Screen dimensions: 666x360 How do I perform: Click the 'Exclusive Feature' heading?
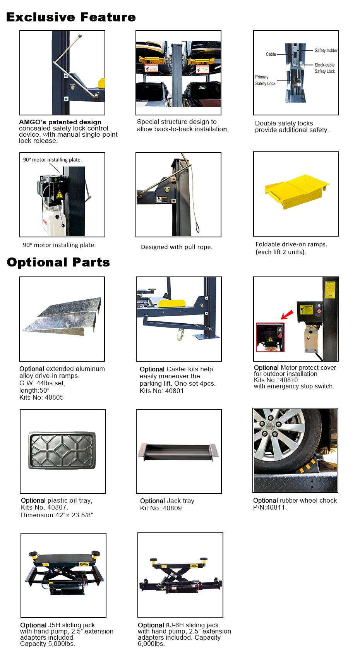71,17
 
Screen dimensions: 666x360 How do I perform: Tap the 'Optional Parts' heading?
58,262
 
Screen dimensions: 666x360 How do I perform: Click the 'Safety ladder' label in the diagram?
326,50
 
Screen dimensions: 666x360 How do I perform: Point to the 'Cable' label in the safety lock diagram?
271,54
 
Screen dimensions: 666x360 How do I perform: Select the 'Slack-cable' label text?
324,65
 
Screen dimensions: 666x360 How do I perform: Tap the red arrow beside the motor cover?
287,314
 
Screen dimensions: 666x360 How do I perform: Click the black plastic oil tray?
62,451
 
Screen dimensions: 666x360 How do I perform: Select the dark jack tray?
178,452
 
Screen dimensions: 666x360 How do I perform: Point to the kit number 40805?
54,397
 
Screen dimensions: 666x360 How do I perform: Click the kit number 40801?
174,391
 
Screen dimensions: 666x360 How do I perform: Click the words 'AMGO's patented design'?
60,122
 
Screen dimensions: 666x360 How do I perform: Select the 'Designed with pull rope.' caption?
177,247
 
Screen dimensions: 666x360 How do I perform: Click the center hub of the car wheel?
270,427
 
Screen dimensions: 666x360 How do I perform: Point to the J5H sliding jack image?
63,575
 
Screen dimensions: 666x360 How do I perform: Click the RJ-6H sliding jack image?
180,575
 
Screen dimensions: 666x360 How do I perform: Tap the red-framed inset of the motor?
270,337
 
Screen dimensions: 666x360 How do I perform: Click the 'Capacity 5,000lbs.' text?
48,644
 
